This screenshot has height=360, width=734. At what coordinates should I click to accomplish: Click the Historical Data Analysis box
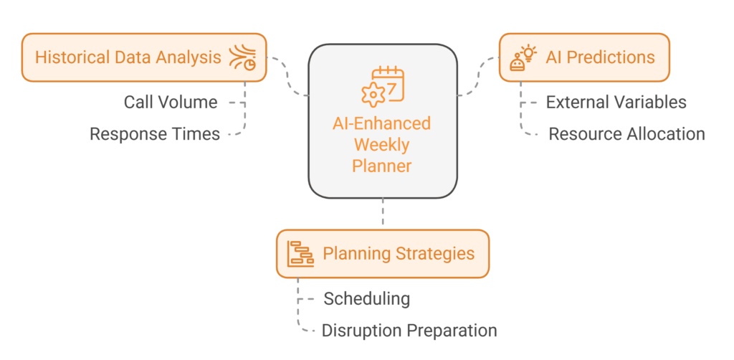pyautogui.click(x=143, y=57)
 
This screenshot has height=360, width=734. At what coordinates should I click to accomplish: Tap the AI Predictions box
pyautogui.click(x=583, y=57)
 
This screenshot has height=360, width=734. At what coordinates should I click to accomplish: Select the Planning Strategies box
pyautogui.click(x=382, y=254)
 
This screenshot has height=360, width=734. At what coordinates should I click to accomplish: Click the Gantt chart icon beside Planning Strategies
pyautogui.click(x=300, y=254)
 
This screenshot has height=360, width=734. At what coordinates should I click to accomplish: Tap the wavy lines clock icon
pyautogui.click(x=244, y=57)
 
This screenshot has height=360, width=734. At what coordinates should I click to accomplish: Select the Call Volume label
pyautogui.click(x=170, y=103)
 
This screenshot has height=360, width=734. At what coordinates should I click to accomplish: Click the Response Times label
pyautogui.click(x=154, y=134)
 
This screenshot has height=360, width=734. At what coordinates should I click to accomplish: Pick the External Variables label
pyautogui.click(x=616, y=103)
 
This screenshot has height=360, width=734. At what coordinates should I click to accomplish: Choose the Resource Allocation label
pyautogui.click(x=626, y=134)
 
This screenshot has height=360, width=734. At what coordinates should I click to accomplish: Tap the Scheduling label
pyautogui.click(x=366, y=298)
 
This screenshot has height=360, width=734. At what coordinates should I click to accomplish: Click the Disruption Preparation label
pyautogui.click(x=409, y=331)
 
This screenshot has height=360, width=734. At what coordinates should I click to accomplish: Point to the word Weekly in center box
pyautogui.click(x=382, y=145)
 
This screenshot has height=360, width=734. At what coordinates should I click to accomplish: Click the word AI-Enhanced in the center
pyautogui.click(x=382, y=123)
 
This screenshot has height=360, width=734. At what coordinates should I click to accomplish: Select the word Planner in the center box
pyautogui.click(x=382, y=166)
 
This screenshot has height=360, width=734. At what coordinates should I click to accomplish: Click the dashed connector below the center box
pyautogui.click(x=383, y=213)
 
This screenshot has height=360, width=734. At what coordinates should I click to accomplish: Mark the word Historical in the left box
pyautogui.click(x=67, y=57)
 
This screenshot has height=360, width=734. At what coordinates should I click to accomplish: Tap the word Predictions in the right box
pyautogui.click(x=610, y=57)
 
